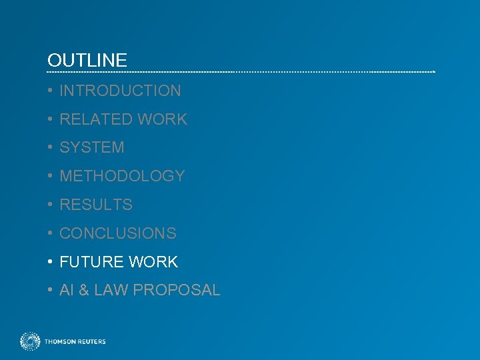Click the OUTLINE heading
click(x=87, y=61)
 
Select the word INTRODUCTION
click(x=120, y=91)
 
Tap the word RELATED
click(x=96, y=119)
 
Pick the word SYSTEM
click(x=92, y=147)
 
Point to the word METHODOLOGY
click(x=122, y=176)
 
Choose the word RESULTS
click(x=96, y=205)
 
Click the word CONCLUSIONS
click(x=118, y=233)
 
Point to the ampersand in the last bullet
click(x=83, y=291)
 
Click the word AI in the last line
click(x=67, y=291)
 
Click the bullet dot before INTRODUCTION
click(x=51, y=91)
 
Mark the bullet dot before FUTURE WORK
click(x=51, y=262)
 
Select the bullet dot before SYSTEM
click(x=51, y=147)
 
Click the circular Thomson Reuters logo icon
click(x=30, y=341)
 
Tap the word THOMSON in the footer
click(x=59, y=342)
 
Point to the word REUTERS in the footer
click(x=91, y=342)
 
